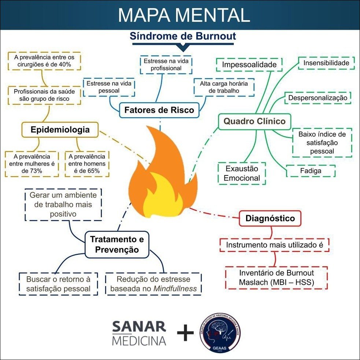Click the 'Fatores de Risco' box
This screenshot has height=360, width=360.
pos(159,110)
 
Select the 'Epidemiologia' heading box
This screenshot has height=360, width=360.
pos(60,130)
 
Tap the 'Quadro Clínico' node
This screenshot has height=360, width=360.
pos(254,121)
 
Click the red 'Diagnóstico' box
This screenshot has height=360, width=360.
pos(270,219)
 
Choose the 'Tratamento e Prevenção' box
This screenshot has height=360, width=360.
pos(117,244)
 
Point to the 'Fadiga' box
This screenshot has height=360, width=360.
pos(310,171)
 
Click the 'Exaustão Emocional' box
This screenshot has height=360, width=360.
pos(242,174)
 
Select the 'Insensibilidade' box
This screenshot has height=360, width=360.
pos(326,63)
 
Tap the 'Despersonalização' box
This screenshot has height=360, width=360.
pos(318,98)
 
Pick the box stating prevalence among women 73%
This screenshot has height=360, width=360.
pos(32,163)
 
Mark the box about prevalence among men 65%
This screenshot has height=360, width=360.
pos(87,163)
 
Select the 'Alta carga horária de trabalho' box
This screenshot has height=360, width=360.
pos(224,87)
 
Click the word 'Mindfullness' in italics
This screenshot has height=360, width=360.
pos(175,289)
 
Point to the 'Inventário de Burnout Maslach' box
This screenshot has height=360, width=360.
pos(276,278)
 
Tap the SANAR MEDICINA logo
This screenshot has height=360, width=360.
pos(139,333)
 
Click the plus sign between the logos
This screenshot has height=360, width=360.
pos(185,333)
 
